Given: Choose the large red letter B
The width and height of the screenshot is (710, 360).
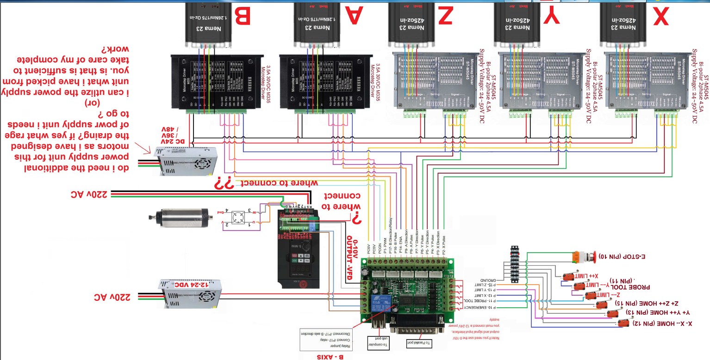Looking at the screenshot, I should (243, 17).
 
